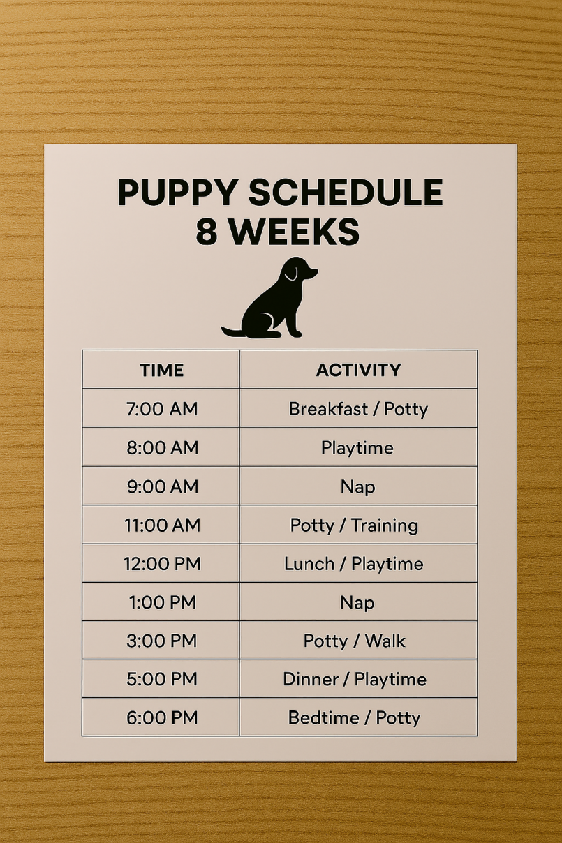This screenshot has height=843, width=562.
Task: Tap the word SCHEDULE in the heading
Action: (x=346, y=192)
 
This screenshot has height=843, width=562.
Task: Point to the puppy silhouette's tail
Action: (x=232, y=332)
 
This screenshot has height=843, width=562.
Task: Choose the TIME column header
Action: (x=162, y=370)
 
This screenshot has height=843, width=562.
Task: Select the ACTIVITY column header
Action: (x=359, y=370)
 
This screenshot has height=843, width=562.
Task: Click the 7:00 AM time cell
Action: (x=162, y=409)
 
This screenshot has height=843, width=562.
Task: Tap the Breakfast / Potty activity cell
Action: (x=358, y=409)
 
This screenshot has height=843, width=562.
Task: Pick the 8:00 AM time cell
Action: (x=162, y=447)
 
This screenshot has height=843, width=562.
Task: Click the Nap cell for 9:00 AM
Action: (x=358, y=487)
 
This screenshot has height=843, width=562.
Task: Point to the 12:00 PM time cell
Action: (x=162, y=564)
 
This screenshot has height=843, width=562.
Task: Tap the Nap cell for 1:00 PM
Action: (x=357, y=603)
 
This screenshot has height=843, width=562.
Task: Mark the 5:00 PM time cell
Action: (x=162, y=679)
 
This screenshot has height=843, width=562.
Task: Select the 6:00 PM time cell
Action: (x=162, y=718)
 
